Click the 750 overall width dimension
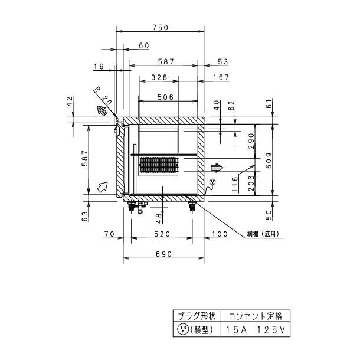[161, 27]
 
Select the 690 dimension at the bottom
[163, 254]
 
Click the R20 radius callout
[101, 93]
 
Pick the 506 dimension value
[166, 97]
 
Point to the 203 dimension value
[250, 180]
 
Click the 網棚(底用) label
[263, 234]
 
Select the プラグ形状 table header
[189, 316]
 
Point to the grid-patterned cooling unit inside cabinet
[158, 165]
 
